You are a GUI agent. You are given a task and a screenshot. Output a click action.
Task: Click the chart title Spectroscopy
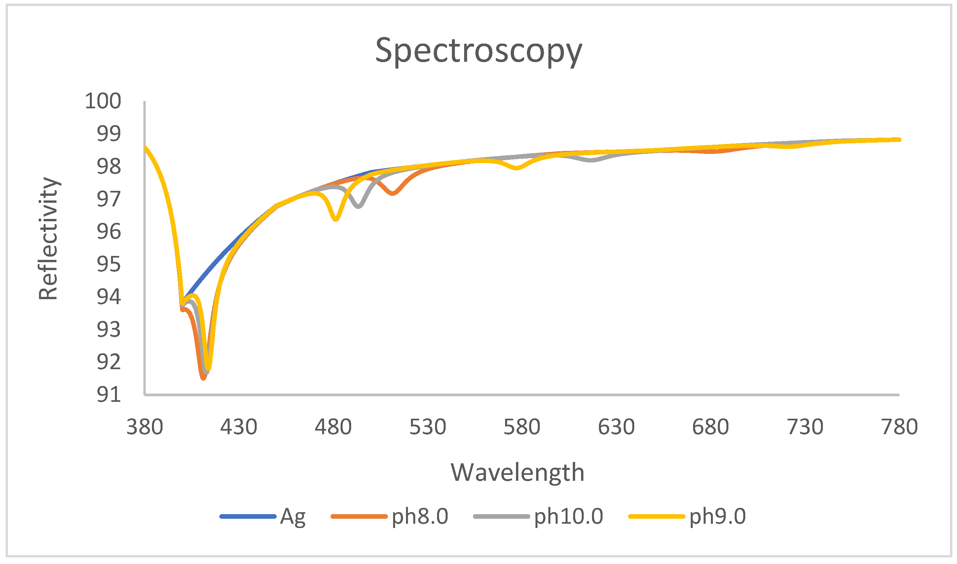(478, 51)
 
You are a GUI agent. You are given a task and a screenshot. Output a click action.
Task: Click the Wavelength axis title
(517, 473)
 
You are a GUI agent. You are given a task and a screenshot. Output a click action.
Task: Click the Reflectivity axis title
(48, 238)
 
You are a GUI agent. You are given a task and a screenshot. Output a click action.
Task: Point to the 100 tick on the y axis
(103, 101)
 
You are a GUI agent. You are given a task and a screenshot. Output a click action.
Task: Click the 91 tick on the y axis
(109, 395)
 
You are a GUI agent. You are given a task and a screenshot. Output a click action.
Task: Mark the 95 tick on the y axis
(109, 264)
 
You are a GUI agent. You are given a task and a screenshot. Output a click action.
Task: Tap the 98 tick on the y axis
(109, 166)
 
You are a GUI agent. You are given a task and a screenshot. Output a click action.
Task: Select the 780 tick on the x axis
(900, 427)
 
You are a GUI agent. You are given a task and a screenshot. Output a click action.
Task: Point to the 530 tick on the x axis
(427, 427)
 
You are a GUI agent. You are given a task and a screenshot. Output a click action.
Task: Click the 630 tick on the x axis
(616, 427)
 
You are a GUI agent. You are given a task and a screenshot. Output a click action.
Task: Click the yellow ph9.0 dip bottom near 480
(335, 219)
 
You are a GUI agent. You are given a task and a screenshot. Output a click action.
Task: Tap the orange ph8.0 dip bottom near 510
(393, 194)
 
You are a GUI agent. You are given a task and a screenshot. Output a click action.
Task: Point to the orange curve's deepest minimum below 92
(203, 378)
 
